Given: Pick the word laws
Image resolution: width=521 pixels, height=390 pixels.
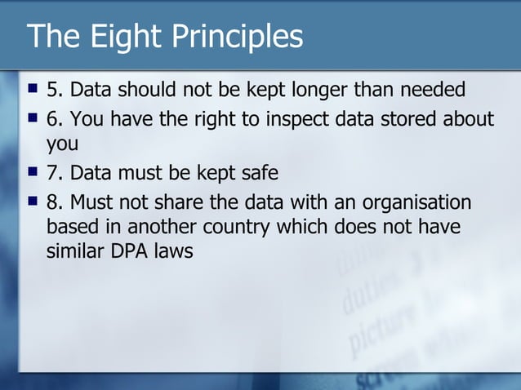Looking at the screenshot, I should point(171,250).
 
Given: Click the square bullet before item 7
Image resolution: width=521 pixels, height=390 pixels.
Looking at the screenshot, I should point(33,172).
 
